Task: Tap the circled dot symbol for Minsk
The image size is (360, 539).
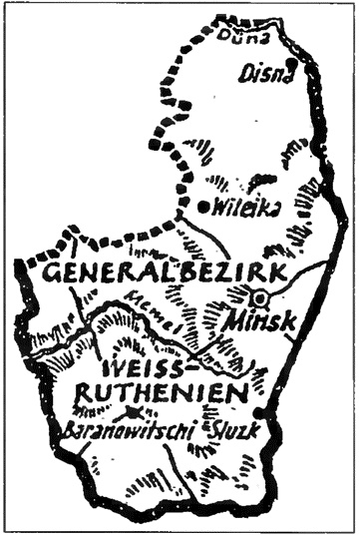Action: coord(258,296)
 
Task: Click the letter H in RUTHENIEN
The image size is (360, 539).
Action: coord(157,392)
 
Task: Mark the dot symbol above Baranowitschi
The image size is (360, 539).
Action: coord(130,411)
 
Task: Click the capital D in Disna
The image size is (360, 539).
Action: coord(245,73)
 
